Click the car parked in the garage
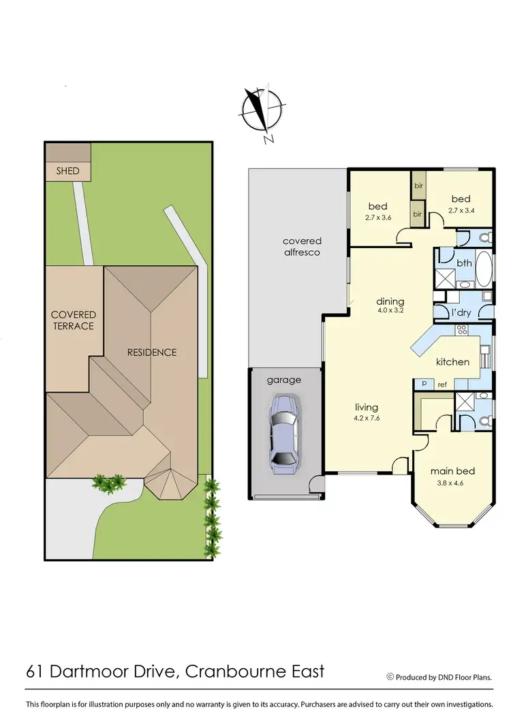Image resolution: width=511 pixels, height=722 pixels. pyautogui.click(x=283, y=434)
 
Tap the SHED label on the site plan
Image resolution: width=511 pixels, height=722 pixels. pyautogui.click(x=67, y=170)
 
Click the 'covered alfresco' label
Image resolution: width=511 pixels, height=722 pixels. pyautogui.click(x=302, y=246)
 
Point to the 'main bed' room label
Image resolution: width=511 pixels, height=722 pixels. pyautogui.click(x=452, y=471)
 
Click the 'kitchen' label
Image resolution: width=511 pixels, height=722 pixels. pyautogui.click(x=452, y=361)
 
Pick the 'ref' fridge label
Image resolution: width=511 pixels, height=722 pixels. pyautogui.click(x=442, y=385)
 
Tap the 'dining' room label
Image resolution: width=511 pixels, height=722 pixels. pyautogui.click(x=390, y=301)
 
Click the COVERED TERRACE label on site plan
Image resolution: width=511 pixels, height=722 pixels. pyautogui.click(x=74, y=320)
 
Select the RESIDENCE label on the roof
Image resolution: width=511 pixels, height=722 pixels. pyautogui.click(x=151, y=352)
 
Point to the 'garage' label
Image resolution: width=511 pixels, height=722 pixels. pyautogui.click(x=283, y=380)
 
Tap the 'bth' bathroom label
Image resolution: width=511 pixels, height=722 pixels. pyautogui.click(x=464, y=262)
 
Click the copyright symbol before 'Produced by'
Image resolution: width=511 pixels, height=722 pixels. pyautogui.click(x=390, y=677)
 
